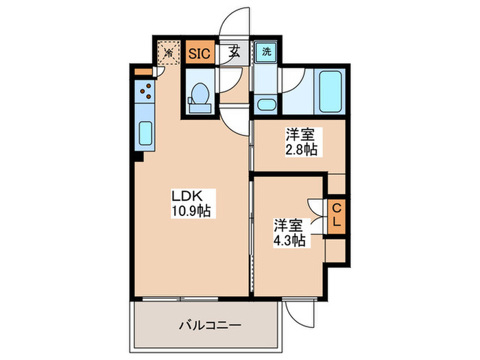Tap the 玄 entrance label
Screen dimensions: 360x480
click(235, 52)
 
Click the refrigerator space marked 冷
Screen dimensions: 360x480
click(167, 52)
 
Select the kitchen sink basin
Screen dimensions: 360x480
click(145, 133)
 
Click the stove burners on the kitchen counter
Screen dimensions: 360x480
click(145, 90)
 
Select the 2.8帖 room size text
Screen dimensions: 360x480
click(302, 149)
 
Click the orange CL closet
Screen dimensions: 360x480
click(335, 215)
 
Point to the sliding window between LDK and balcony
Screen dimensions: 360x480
click(181, 298)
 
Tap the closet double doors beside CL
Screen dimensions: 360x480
click(317, 215)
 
